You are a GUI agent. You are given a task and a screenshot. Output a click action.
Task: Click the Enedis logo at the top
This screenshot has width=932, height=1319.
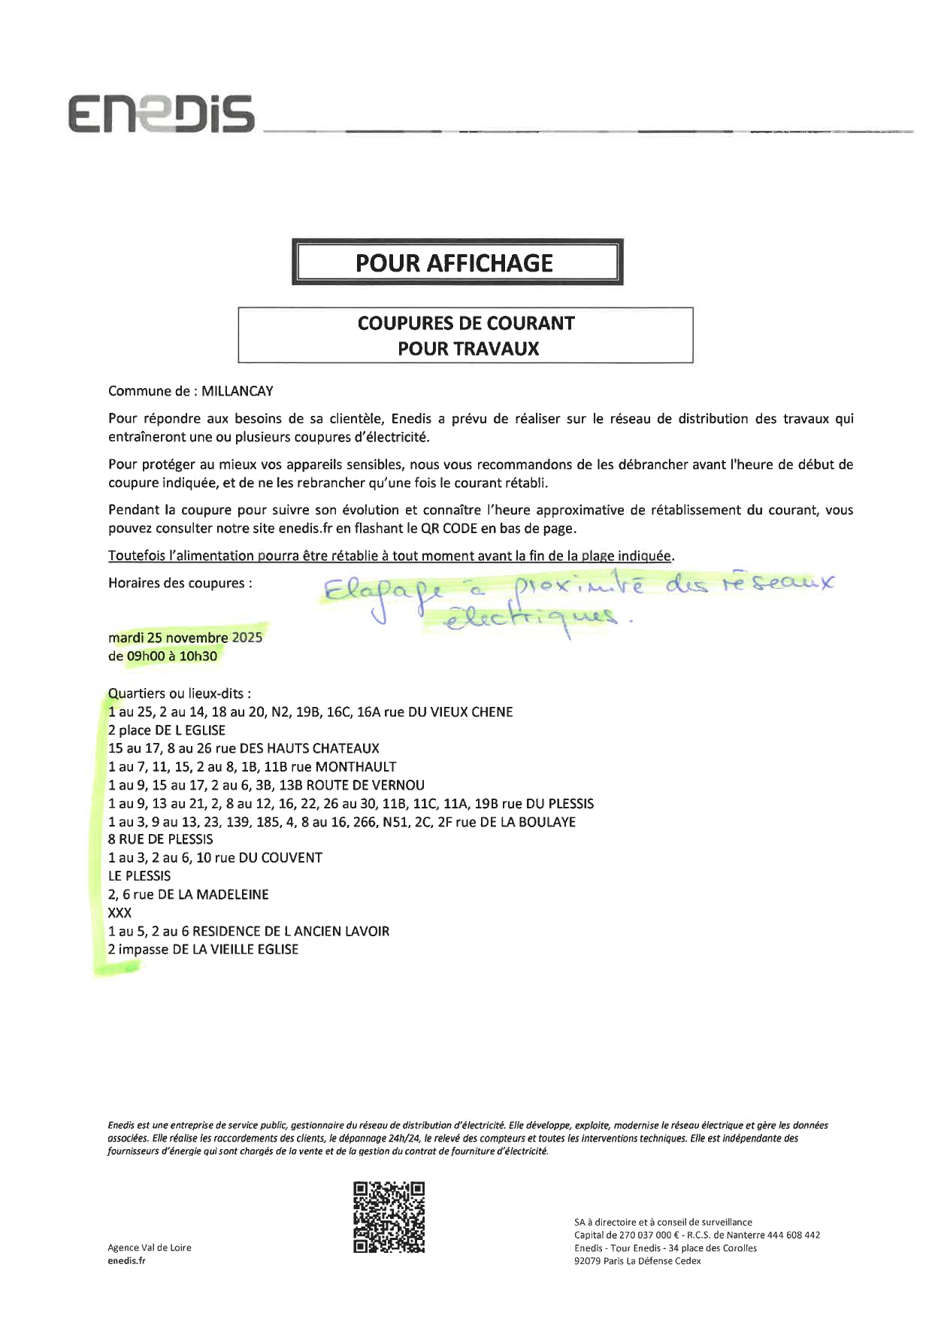(162, 114)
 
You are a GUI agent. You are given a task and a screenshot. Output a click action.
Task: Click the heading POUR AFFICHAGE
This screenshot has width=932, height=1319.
(454, 262)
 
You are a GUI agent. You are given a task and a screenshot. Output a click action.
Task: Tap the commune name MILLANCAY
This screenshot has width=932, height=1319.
(238, 391)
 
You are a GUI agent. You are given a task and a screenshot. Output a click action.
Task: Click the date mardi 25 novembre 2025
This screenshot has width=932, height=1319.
(186, 638)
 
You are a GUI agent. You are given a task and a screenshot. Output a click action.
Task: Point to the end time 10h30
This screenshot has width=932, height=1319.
(198, 656)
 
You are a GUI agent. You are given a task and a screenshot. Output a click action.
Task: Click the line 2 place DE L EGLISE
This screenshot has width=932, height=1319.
(167, 730)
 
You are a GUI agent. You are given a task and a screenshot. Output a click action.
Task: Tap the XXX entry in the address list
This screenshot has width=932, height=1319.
(120, 913)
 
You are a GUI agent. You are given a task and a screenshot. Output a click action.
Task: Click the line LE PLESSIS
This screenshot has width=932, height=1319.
(140, 876)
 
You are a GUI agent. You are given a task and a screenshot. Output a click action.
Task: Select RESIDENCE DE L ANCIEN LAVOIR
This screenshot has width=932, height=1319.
(291, 931)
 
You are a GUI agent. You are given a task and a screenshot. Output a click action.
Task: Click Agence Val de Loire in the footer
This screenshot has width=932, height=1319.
(150, 1248)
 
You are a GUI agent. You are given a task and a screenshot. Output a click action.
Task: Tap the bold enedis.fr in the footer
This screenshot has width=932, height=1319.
(127, 1261)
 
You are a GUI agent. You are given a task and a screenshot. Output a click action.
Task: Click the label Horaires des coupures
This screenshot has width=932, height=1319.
(180, 583)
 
